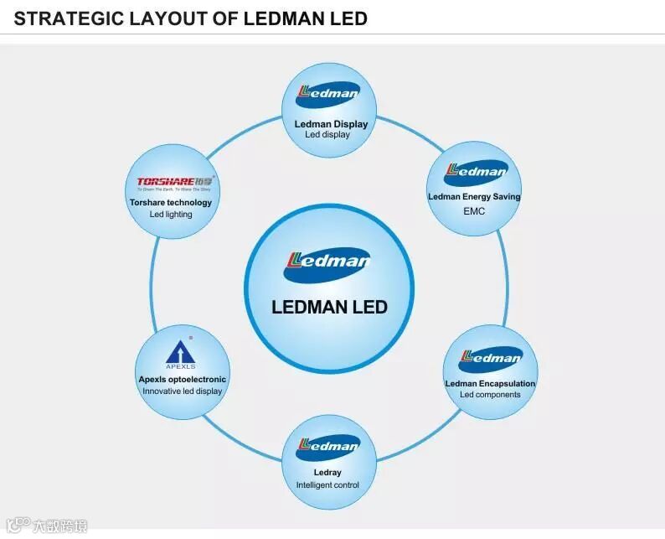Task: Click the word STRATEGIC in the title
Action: click(x=64, y=18)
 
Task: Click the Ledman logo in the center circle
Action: click(x=329, y=262)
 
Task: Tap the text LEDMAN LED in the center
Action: click(x=329, y=307)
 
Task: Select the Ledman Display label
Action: click(x=331, y=124)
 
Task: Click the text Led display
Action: click(x=327, y=135)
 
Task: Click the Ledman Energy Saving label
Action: click(x=474, y=197)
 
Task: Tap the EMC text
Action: click(x=474, y=211)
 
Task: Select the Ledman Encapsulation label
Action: click(x=490, y=383)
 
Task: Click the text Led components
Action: click(x=490, y=395)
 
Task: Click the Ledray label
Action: click(x=327, y=473)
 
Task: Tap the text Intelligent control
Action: click(x=327, y=485)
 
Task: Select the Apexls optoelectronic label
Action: click(x=182, y=379)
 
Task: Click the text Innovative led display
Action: click(x=182, y=391)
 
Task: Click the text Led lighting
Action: click(x=171, y=215)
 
